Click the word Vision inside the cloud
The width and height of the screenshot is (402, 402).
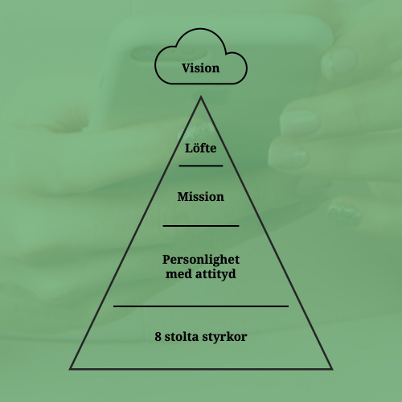point(201,68)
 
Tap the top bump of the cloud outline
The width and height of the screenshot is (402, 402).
point(200,29)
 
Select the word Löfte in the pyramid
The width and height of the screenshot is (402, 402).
point(201,148)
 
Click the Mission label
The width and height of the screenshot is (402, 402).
point(200,197)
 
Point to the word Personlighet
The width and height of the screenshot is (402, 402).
point(201,260)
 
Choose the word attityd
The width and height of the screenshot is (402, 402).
point(215,274)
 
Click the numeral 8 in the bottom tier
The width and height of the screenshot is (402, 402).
point(158,337)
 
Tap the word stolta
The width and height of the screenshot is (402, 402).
point(181,337)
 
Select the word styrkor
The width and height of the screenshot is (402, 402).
point(224,338)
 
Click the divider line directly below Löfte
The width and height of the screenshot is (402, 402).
point(201,166)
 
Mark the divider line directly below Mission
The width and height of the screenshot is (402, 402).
point(201,226)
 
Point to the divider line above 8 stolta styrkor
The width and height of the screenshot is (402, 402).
point(201,306)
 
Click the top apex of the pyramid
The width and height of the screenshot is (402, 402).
point(201,97)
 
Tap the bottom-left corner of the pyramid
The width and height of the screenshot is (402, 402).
point(70,369)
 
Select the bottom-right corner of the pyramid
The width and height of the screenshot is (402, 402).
point(332,369)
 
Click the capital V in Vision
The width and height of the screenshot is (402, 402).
point(187,68)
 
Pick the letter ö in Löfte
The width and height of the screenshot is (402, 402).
point(196,149)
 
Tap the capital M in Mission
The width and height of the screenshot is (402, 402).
point(183,197)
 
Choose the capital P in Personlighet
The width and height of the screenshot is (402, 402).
point(166,260)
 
